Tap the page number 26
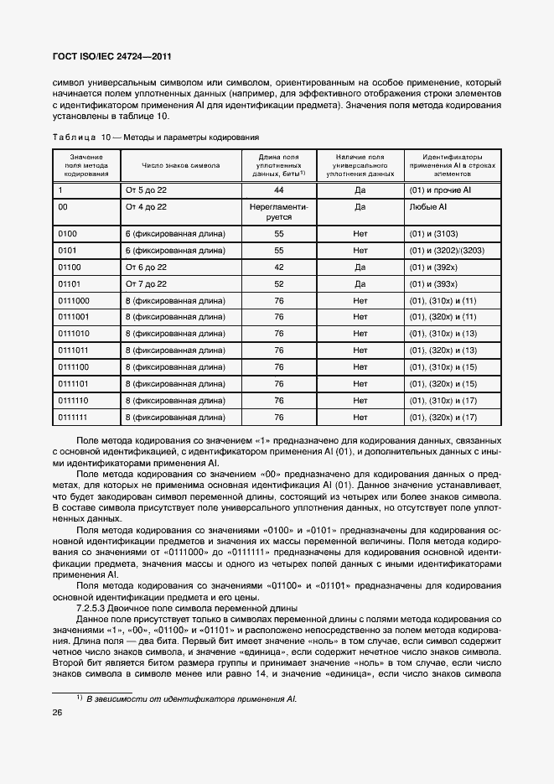pos(58,713)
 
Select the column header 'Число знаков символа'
pos(181,166)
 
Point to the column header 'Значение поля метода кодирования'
pos(86,166)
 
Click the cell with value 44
pos(279,190)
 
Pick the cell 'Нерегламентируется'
pos(279,211)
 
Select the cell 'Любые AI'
pos(427,206)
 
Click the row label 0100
pos(68,233)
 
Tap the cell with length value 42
pos(279,267)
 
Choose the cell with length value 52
pos(279,284)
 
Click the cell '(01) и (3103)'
pos(433,233)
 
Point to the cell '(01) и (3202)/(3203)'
pos(446,251)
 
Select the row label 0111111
pos(74,417)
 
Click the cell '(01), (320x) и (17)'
pos(443,417)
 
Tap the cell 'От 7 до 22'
pos(146,284)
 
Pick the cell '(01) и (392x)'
pos(433,267)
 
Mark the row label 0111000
pos(74,300)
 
